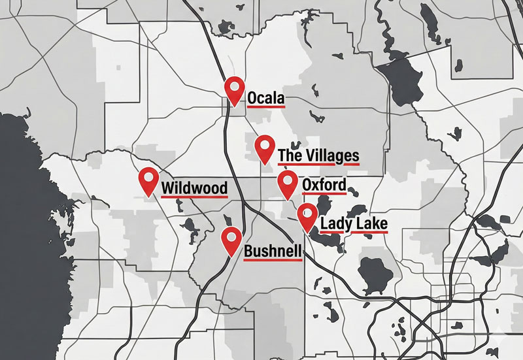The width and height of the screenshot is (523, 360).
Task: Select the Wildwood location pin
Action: [x=149, y=178]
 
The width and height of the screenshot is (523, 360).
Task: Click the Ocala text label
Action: [x=266, y=99]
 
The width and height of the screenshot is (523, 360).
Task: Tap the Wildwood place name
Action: [x=194, y=189]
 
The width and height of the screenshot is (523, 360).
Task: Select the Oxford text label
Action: [x=324, y=185]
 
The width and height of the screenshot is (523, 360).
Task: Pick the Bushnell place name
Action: [x=273, y=251]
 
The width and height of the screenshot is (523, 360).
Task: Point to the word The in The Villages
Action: [x=289, y=155]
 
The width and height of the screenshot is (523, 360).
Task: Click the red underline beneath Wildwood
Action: [x=194, y=197]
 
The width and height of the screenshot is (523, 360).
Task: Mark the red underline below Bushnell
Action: [x=273, y=259]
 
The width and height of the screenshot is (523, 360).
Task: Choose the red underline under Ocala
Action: [x=266, y=106]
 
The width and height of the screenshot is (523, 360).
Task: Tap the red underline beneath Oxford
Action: [x=324, y=194]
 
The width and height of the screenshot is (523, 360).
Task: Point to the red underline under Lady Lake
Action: [x=354, y=233]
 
